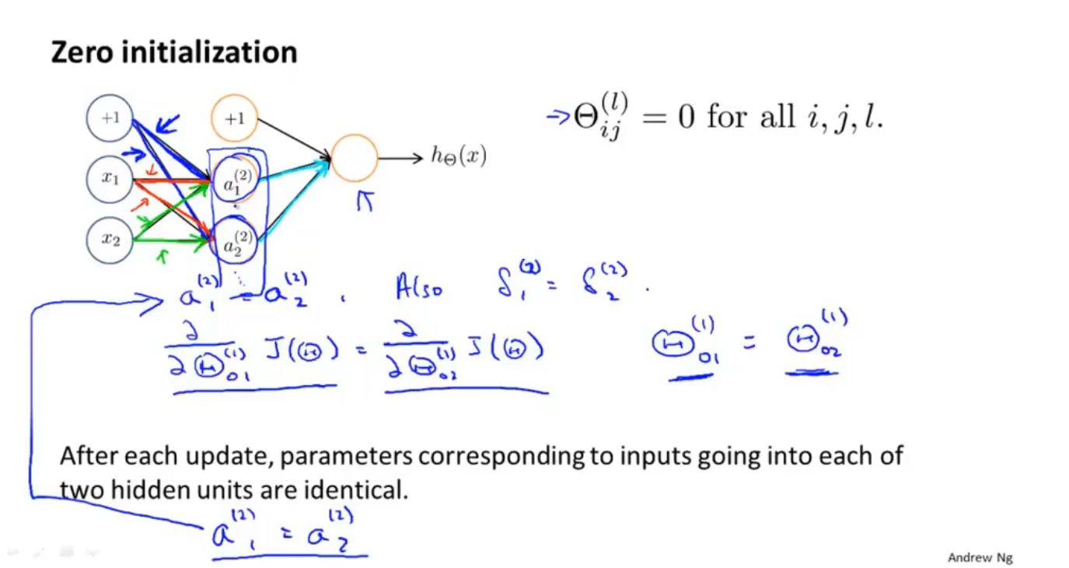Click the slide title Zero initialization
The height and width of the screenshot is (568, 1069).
[x=174, y=53]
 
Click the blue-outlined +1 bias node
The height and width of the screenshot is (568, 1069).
[x=110, y=118]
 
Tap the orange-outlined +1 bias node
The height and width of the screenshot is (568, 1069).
[x=234, y=118]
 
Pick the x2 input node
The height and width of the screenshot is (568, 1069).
[x=110, y=239]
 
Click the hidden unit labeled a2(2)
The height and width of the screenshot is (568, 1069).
[x=234, y=243]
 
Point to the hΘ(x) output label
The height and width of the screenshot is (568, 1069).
[x=459, y=156]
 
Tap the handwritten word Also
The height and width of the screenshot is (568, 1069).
[x=421, y=289]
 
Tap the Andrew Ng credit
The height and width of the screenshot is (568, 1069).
[x=980, y=557]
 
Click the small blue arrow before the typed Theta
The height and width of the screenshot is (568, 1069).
[x=558, y=117]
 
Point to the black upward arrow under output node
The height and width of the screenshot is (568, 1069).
[x=365, y=201]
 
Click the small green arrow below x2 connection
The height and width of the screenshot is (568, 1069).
[x=162, y=255]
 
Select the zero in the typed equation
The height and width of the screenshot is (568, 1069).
[x=685, y=117]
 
